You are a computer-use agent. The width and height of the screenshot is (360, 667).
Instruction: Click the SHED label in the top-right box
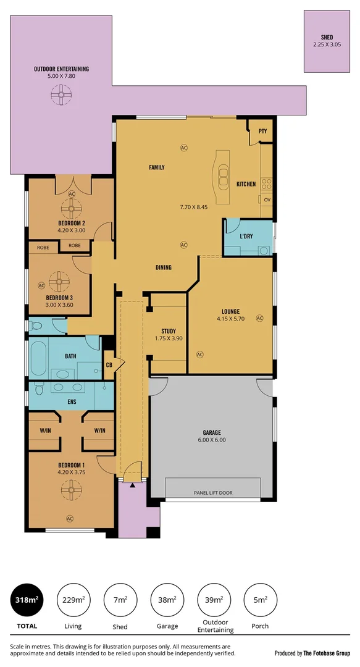click(327, 37)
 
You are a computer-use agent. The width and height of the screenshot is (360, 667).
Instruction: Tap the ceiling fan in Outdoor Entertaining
click(61, 95)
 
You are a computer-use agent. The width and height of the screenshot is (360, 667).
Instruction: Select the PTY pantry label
click(262, 131)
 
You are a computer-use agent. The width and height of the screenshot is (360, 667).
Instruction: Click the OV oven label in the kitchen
click(267, 200)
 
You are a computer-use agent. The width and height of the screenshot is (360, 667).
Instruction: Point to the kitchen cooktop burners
click(267, 183)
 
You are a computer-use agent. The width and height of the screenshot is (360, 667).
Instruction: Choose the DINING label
click(164, 267)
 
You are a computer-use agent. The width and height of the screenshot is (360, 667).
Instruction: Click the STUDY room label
click(169, 331)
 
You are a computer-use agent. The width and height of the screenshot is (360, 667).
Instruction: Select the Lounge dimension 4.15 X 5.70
click(231, 319)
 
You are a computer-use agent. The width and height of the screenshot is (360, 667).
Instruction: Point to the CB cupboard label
click(109, 364)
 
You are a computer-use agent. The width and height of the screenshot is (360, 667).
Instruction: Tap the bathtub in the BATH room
click(38, 358)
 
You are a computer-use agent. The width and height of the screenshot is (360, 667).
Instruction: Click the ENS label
click(71, 401)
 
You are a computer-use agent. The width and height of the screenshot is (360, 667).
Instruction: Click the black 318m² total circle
click(27, 599)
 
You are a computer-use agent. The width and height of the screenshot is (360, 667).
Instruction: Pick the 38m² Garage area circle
click(167, 599)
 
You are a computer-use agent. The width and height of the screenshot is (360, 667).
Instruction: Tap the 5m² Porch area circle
click(260, 599)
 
